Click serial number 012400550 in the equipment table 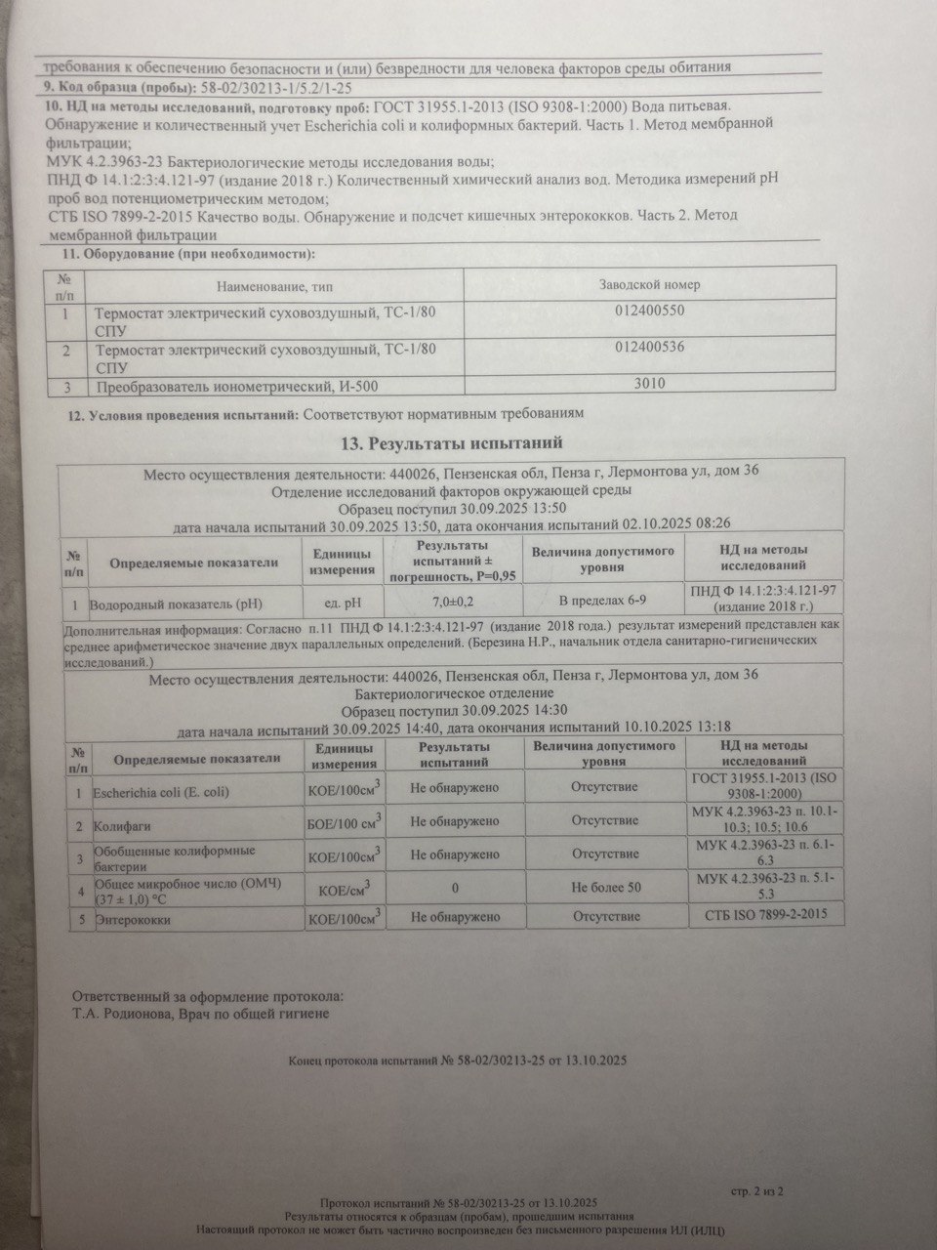(651, 313)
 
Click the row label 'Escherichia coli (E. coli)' (162, 791)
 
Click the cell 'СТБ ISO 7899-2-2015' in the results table (764, 916)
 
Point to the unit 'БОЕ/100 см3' (344, 824)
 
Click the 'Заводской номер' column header (648, 284)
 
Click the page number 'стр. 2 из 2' (756, 1190)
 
